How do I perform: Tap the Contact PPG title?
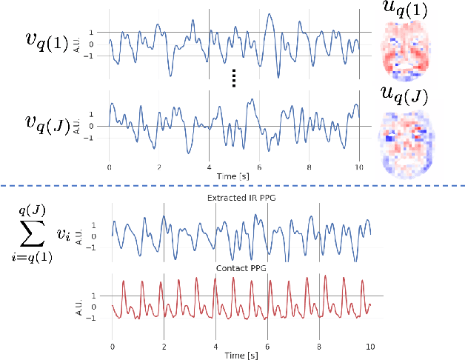241,267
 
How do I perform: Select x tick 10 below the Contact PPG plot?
370,347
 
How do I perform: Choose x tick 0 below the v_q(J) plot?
109,167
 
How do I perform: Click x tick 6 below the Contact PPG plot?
267,347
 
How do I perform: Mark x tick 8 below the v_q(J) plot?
307,167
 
